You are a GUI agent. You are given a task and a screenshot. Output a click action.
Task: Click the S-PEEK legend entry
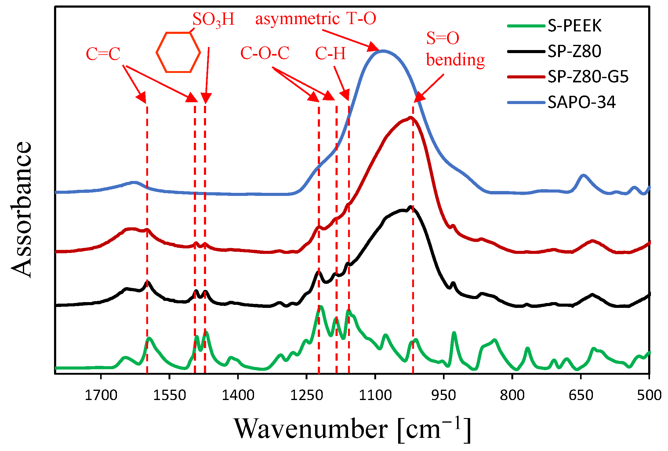tap(574, 26)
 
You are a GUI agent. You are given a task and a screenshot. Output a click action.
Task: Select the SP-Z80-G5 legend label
tap(588, 77)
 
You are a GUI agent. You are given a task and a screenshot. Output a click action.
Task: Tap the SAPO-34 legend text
tap(581, 102)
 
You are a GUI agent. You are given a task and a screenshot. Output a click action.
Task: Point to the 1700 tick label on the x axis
tap(101, 395)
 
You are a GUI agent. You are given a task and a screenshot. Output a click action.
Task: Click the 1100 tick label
tap(375, 395)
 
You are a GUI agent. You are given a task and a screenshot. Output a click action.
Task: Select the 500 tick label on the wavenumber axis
tap(649, 395)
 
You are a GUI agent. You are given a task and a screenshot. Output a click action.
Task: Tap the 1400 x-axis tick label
tap(238, 395)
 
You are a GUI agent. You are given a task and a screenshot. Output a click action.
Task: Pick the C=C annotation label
tap(103, 54)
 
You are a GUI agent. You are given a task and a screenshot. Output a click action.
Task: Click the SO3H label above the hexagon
tap(213, 20)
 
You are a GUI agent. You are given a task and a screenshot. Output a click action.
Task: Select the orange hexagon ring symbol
tap(178, 52)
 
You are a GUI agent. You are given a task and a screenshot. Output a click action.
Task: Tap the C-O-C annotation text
tap(265, 53)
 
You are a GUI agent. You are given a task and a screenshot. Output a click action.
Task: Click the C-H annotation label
tap(330, 54)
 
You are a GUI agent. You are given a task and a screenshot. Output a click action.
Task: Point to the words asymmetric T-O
tap(316, 19)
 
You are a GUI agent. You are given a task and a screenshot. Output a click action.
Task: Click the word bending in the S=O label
tap(455, 60)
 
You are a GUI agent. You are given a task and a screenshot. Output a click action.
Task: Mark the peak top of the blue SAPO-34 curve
tap(383, 51)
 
